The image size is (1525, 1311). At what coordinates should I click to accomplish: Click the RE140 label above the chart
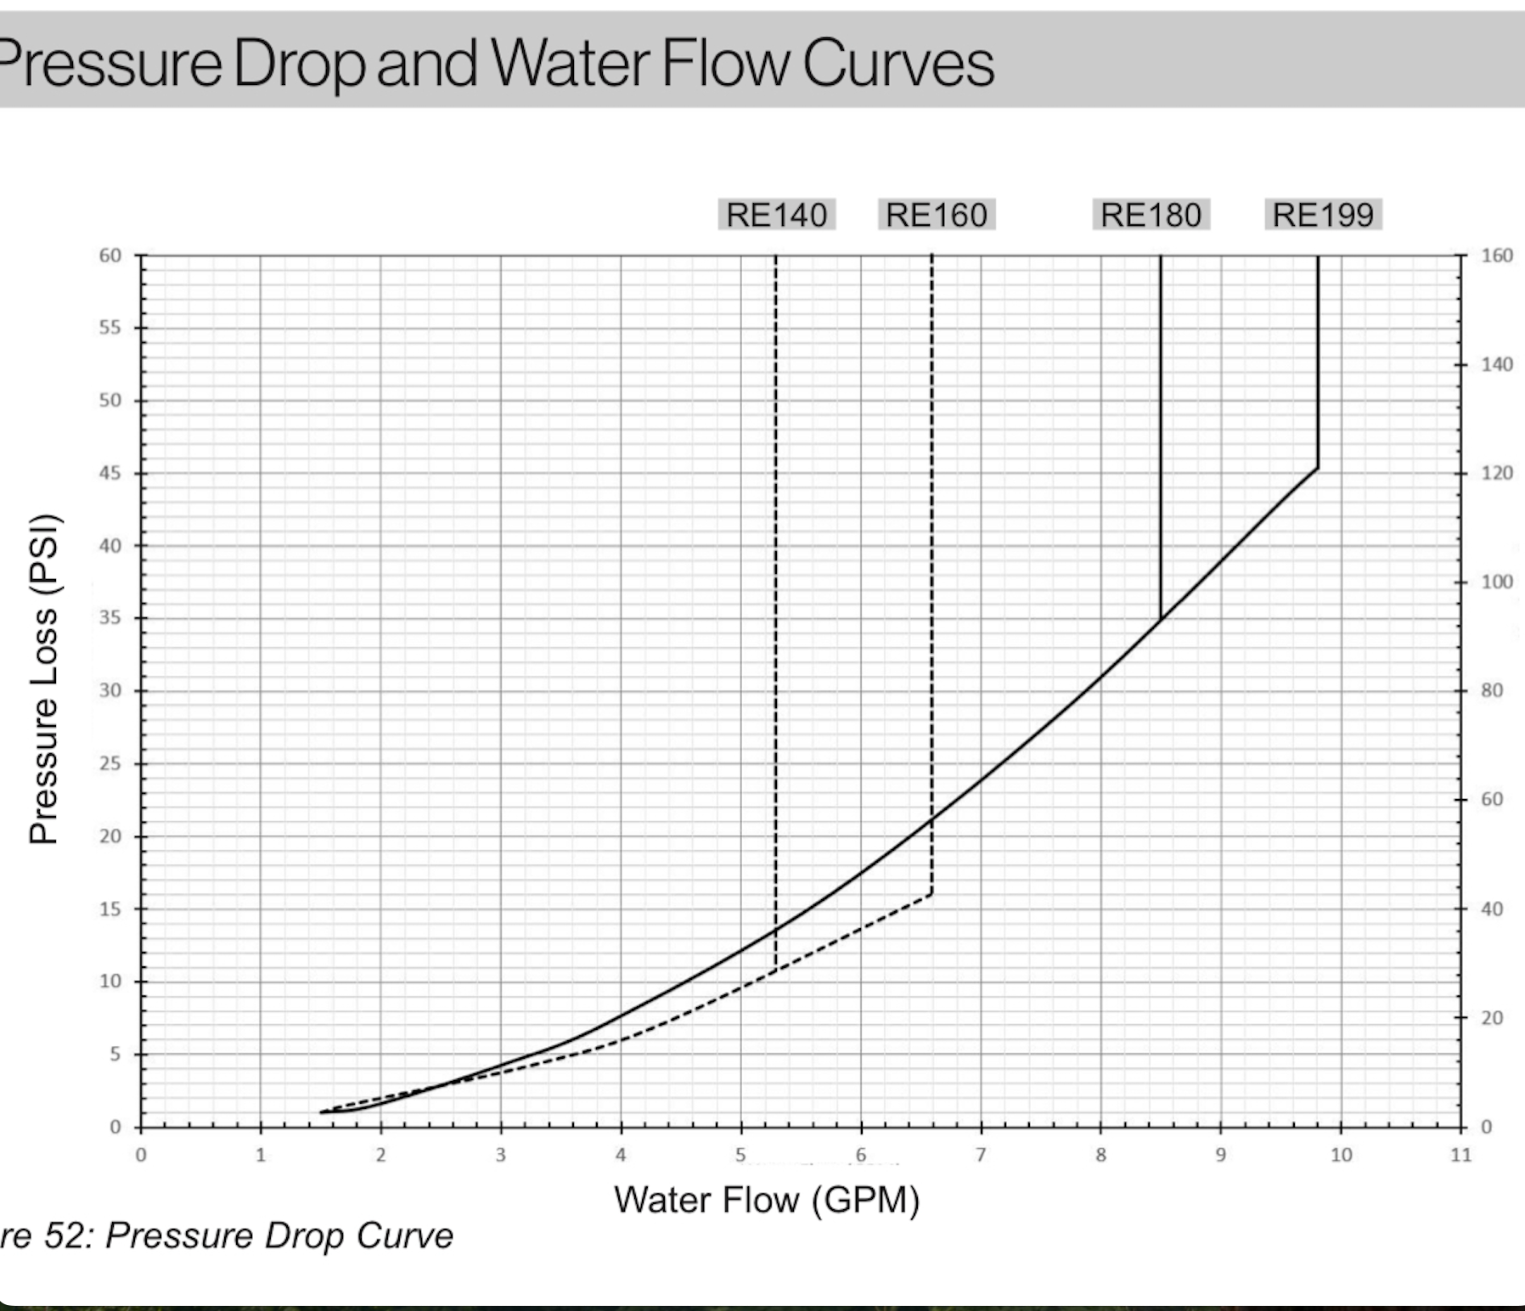[x=776, y=215]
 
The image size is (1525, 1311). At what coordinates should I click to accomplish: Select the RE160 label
[x=936, y=215]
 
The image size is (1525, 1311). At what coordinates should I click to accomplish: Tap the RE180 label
[x=1151, y=215]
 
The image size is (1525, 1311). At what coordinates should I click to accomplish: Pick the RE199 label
[x=1323, y=215]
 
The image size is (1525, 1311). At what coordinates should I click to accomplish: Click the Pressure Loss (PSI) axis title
[x=43, y=678]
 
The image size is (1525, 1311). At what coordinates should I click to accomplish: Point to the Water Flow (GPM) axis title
[x=767, y=1200]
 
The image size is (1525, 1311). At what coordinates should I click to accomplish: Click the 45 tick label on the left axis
[x=110, y=473]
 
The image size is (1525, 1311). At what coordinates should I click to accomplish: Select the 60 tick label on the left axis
[x=110, y=256]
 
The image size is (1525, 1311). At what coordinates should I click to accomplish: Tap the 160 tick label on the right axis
[x=1497, y=256]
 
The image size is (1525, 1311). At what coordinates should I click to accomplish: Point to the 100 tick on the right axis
[x=1497, y=582]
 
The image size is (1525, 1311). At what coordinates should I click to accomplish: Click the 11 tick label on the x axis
[x=1460, y=1155]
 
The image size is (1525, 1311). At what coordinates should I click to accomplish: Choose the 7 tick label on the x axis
[x=981, y=1155]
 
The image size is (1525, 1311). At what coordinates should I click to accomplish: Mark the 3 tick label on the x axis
[x=501, y=1155]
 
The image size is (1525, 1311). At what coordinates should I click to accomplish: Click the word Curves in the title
[x=898, y=63]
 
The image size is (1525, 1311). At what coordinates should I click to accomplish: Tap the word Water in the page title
[x=570, y=63]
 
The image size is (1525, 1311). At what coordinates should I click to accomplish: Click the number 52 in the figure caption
[x=65, y=1235]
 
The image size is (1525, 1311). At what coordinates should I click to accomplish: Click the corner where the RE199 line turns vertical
[x=1318, y=468]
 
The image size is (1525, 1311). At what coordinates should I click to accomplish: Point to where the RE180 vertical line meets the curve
[x=1161, y=619]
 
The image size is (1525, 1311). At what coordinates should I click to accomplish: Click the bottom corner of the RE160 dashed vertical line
[x=931, y=893]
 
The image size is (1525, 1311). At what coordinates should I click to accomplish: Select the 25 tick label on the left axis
[x=110, y=763]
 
